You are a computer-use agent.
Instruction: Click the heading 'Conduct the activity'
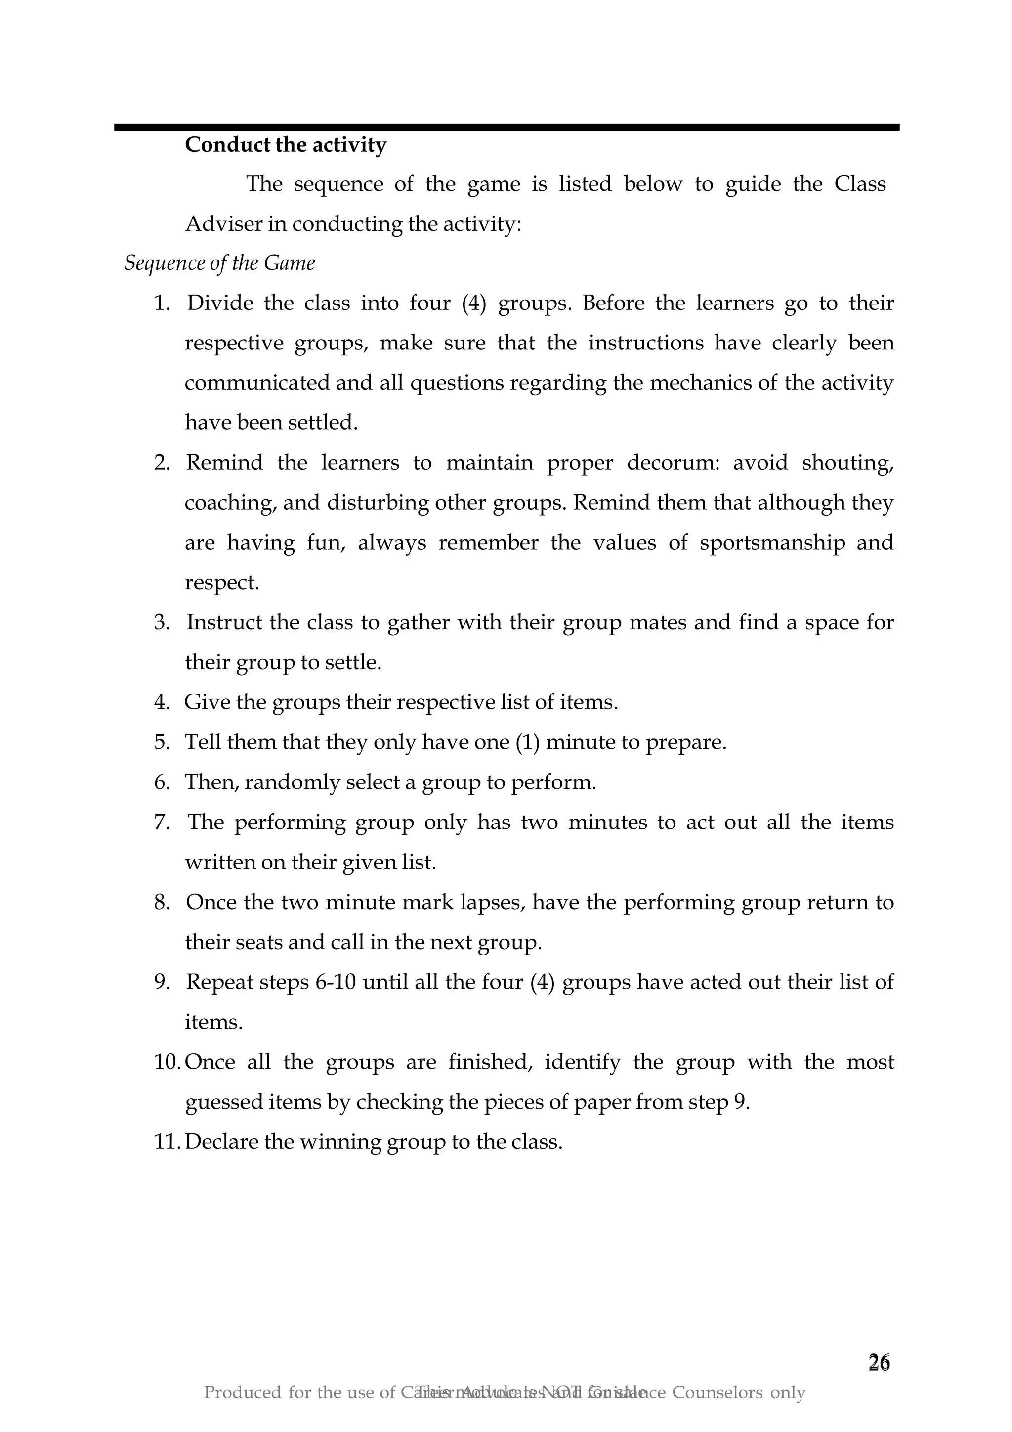pos(286,145)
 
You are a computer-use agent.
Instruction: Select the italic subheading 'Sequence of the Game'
pos(219,262)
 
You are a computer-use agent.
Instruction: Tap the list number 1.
pos(162,303)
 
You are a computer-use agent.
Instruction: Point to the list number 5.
pos(162,742)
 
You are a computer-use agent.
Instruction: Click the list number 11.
pos(166,1141)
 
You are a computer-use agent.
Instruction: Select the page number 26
pos(879,1363)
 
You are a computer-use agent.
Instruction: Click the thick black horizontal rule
pos(506,127)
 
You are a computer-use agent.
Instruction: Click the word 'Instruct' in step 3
pos(224,622)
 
